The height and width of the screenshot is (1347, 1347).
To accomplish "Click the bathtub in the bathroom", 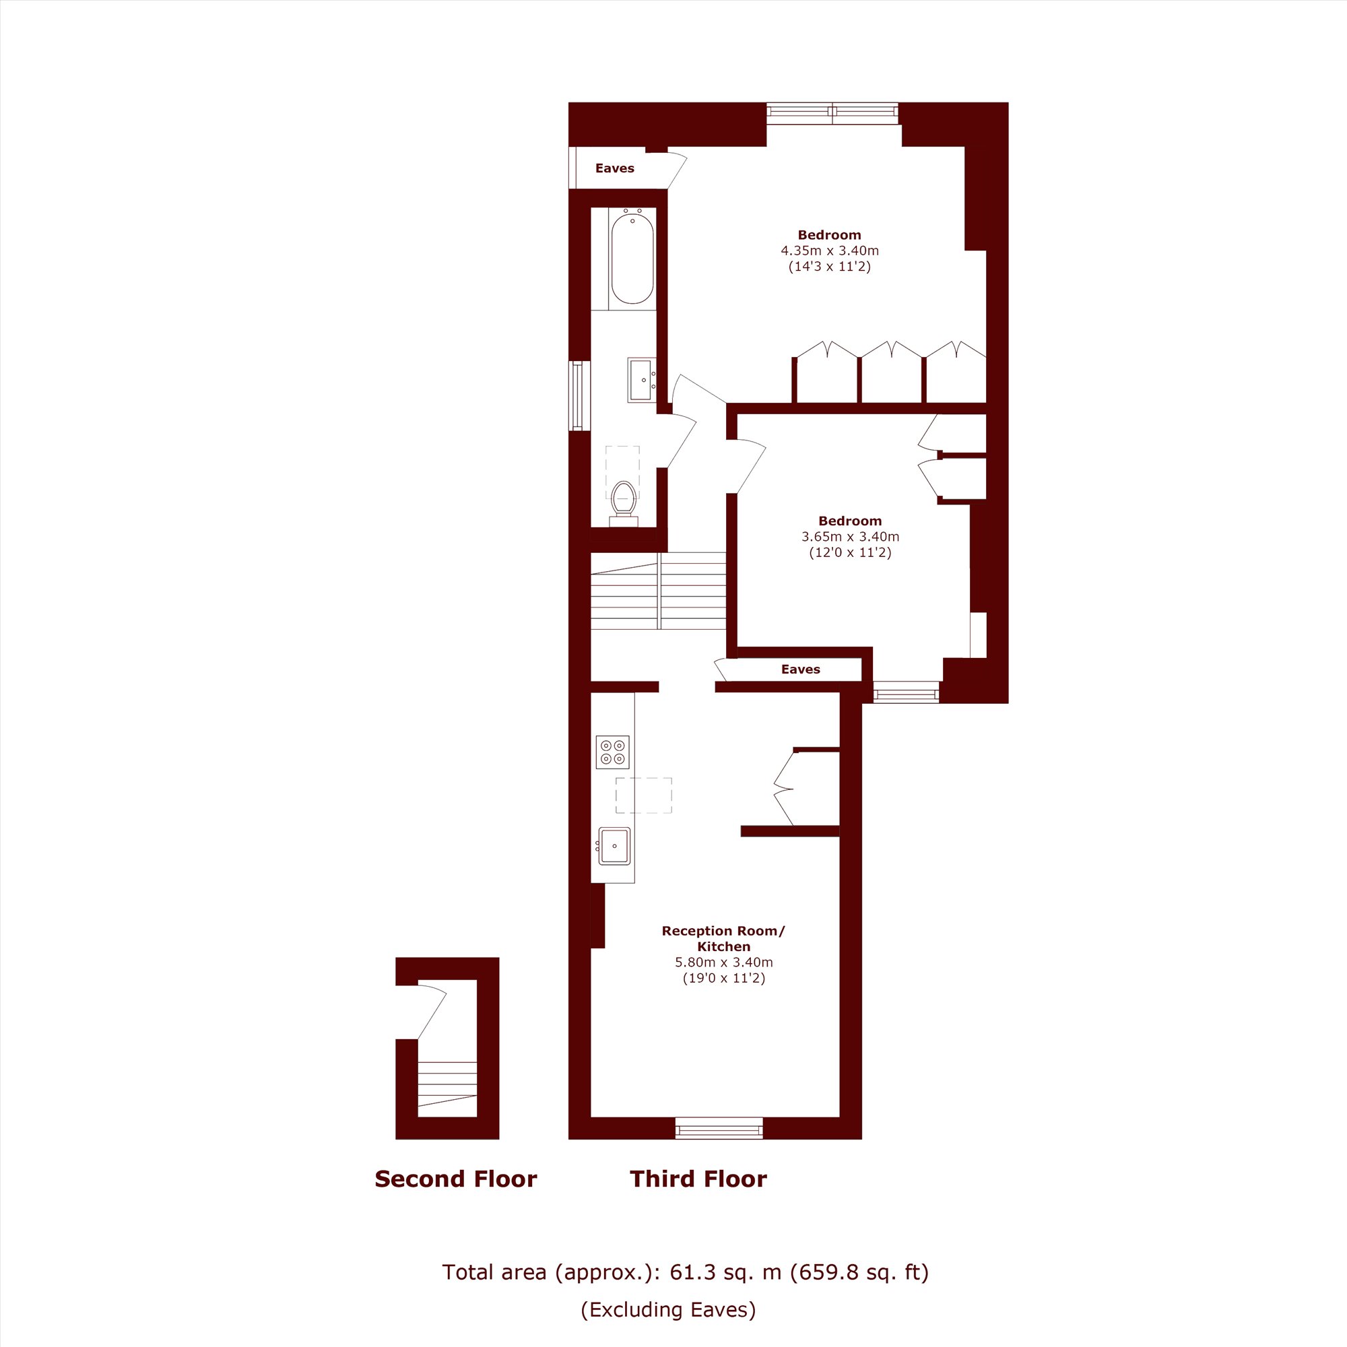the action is pyautogui.click(x=632, y=259).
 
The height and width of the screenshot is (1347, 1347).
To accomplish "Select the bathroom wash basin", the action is pyautogui.click(x=641, y=380).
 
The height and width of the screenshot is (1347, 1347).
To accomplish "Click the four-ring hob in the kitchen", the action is pyautogui.click(x=612, y=752).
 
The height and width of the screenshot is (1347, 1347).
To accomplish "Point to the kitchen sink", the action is pyautogui.click(x=614, y=846).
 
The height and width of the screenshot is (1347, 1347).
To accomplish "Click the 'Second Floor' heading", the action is pyautogui.click(x=456, y=1179).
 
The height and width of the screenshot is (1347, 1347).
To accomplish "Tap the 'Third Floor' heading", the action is pyautogui.click(x=698, y=1179).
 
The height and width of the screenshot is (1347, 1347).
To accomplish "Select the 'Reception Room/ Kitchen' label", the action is pyautogui.click(x=723, y=938).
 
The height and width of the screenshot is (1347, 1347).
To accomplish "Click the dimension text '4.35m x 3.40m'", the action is pyautogui.click(x=830, y=251).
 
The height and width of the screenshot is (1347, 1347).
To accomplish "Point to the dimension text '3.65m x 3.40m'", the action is pyautogui.click(x=850, y=537).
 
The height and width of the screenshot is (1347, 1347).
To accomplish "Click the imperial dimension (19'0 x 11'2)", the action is pyautogui.click(x=724, y=978).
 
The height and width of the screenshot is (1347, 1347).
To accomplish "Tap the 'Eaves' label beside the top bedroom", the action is pyautogui.click(x=614, y=168).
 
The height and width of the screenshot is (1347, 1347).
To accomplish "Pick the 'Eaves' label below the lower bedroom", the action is pyautogui.click(x=800, y=669).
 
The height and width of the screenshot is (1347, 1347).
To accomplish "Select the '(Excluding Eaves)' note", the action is pyautogui.click(x=668, y=1309).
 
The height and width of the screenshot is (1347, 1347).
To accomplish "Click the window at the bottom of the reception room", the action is pyautogui.click(x=719, y=1128).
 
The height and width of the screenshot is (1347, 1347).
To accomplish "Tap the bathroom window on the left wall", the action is pyautogui.click(x=579, y=395).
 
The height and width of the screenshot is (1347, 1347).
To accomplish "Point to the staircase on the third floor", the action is pyautogui.click(x=658, y=591).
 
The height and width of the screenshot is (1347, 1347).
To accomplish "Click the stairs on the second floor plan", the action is pyautogui.click(x=447, y=1089).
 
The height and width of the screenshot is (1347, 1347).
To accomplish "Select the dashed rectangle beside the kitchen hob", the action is pyautogui.click(x=643, y=795).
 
